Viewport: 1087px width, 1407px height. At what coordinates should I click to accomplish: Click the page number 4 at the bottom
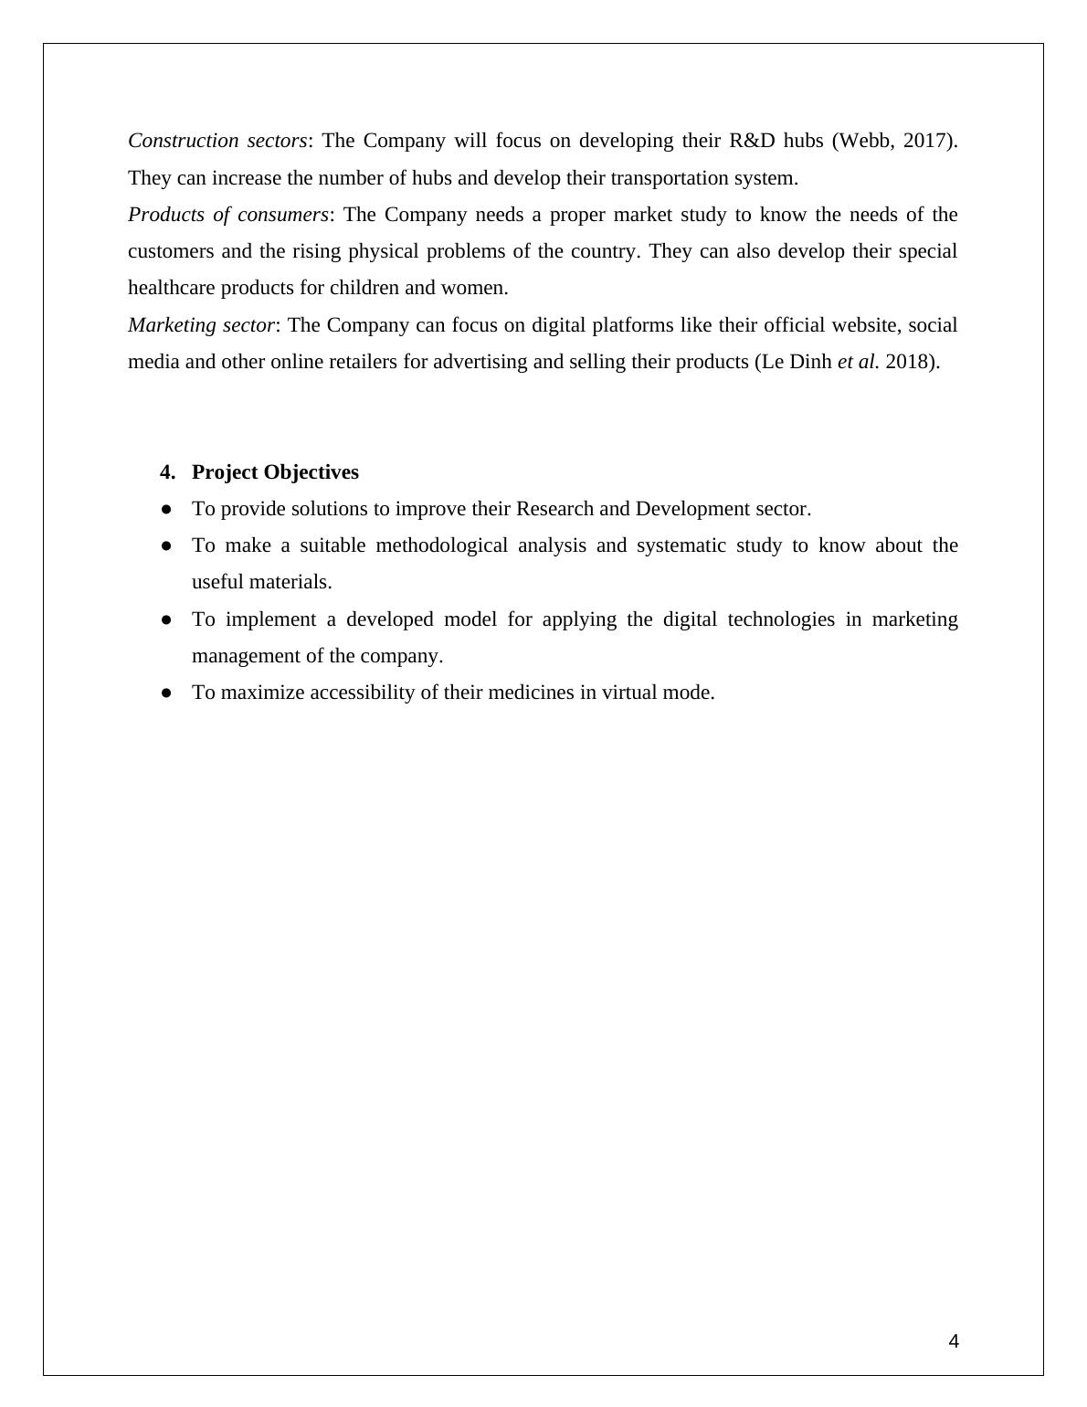(x=954, y=1341)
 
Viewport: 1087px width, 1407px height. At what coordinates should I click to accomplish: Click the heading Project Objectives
(x=275, y=472)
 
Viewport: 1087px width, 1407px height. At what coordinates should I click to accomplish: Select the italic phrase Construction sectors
(x=217, y=141)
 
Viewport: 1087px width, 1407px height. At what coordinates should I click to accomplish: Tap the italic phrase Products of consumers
(x=227, y=215)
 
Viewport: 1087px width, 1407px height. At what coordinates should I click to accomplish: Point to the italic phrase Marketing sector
(x=201, y=325)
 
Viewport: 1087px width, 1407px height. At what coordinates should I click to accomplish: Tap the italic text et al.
(x=858, y=362)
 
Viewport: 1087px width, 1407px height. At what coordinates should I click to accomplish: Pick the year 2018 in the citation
(x=908, y=362)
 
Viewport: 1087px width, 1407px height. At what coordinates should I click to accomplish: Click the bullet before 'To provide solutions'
(x=166, y=509)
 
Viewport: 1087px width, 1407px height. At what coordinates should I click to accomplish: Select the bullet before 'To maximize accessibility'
(x=166, y=693)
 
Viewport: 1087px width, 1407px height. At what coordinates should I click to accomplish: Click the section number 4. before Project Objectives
(x=167, y=472)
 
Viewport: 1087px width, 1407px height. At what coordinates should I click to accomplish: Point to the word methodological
(x=441, y=545)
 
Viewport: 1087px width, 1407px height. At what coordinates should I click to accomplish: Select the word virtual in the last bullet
(x=631, y=693)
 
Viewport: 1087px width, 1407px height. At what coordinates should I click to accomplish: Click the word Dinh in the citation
(x=810, y=362)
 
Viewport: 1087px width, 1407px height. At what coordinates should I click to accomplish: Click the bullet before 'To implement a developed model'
(x=166, y=619)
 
